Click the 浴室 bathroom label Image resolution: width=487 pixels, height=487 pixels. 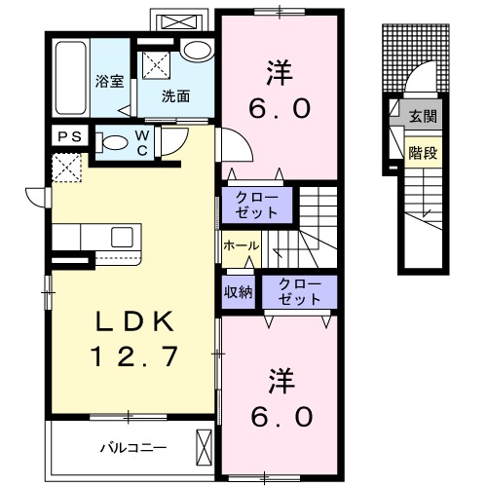coord(109,81)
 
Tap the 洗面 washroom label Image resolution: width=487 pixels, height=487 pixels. coord(175,96)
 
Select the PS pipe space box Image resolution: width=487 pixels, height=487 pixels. coord(69,137)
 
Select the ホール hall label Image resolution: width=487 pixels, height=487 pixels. coord(241,246)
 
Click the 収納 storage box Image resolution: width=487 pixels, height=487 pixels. coord(239,290)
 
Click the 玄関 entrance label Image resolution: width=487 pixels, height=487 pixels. coord(422,116)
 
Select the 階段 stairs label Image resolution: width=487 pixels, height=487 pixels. coord(422,152)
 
